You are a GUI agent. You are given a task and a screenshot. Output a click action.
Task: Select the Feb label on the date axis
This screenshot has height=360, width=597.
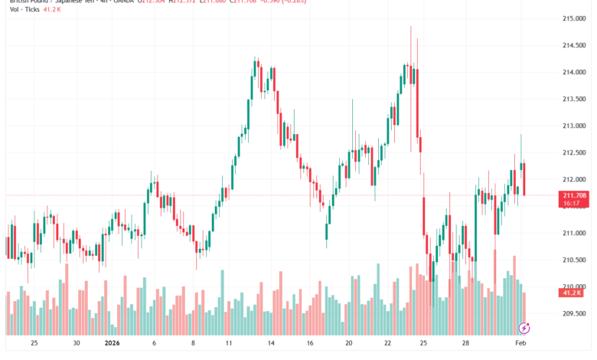coord(520,343)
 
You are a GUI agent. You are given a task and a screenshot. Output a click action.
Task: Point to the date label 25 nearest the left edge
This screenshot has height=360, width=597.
coord(34,343)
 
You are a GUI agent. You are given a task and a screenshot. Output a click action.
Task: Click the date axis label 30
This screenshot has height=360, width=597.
coord(74,343)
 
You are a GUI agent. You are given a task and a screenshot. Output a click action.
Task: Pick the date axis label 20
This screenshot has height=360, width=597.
coord(348,343)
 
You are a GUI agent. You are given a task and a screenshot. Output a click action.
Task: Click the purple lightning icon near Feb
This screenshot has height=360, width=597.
coord(524,328)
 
